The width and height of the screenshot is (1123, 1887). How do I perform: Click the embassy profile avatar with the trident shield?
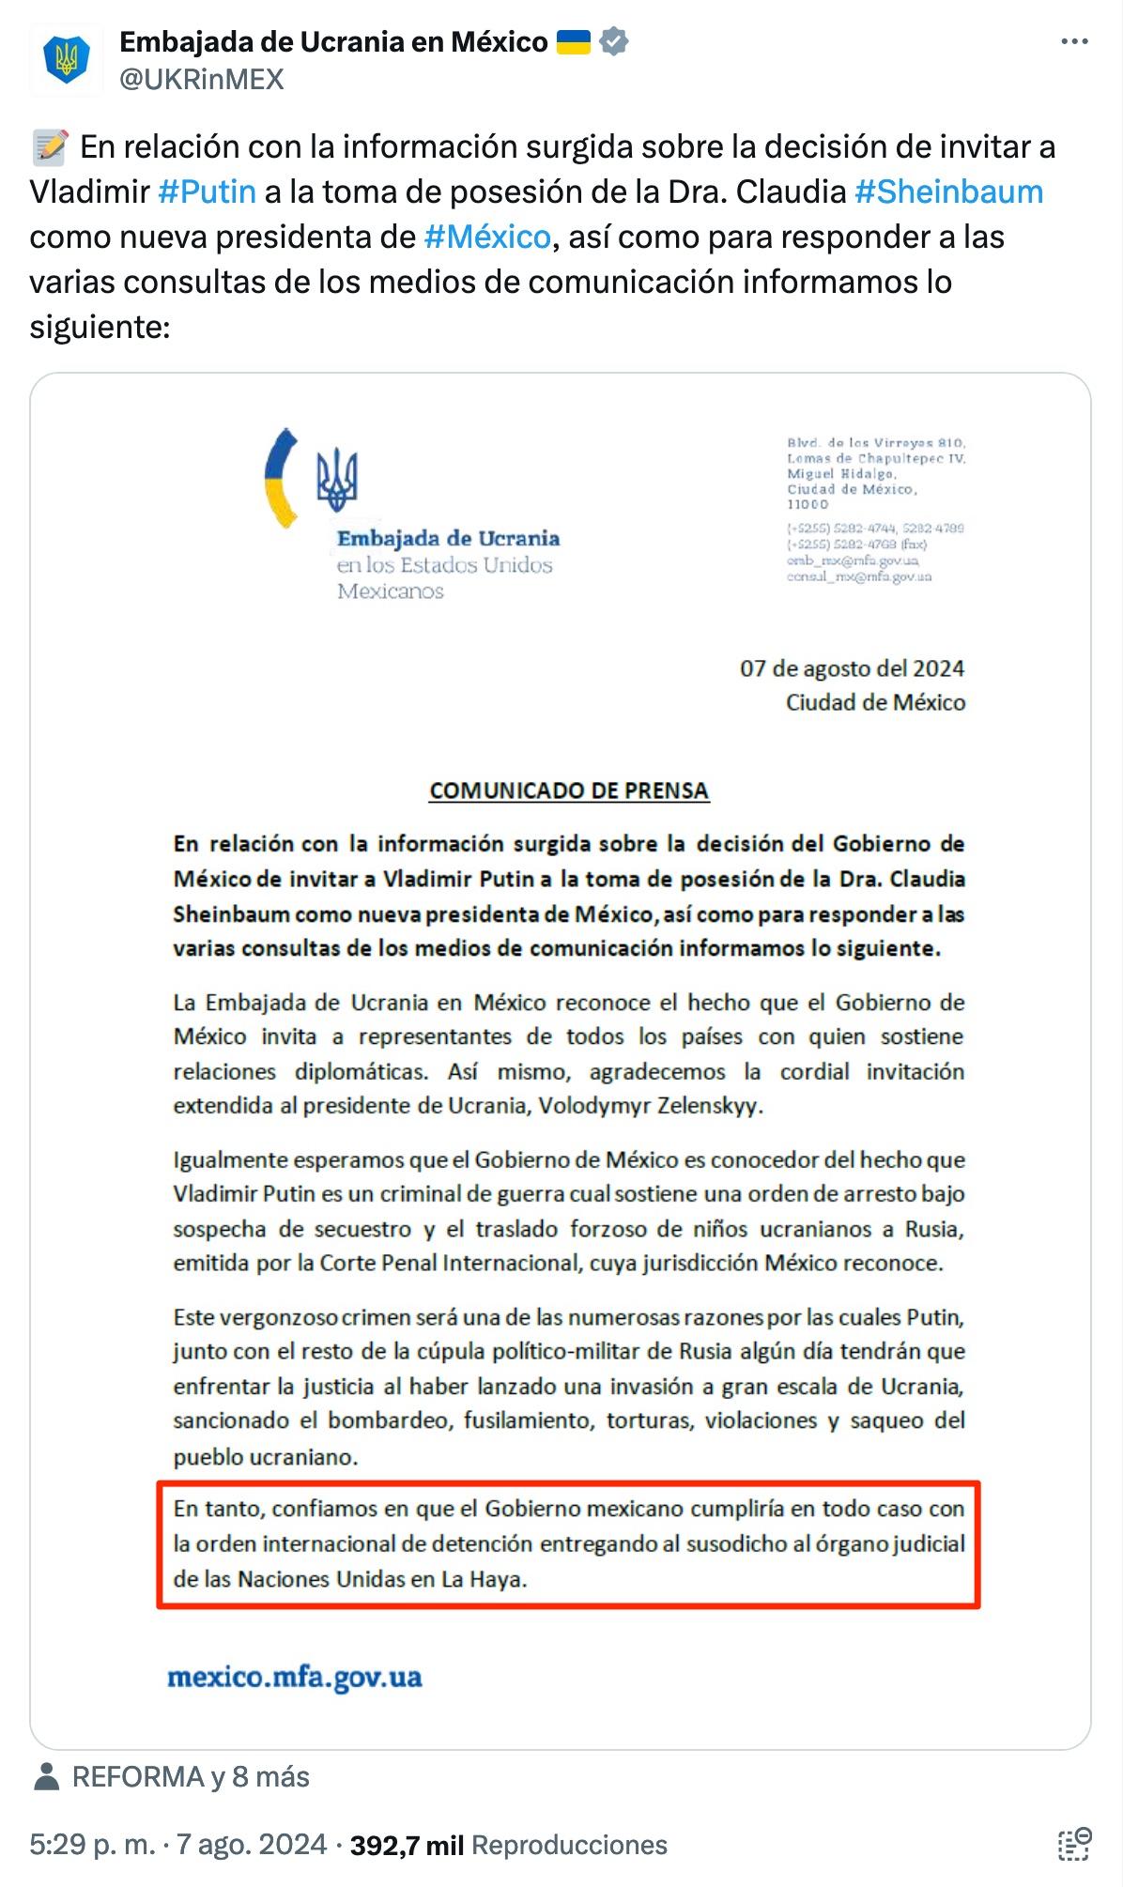[66, 60]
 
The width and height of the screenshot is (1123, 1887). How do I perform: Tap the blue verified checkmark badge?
[614, 42]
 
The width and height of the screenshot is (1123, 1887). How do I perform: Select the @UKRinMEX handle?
[202, 80]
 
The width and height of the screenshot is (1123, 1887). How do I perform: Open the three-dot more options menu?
[1074, 42]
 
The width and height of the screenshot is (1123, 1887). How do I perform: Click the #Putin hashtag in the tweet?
[207, 192]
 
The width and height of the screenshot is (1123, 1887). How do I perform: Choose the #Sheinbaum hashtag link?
[948, 192]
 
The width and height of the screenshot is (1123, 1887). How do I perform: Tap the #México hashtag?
[486, 237]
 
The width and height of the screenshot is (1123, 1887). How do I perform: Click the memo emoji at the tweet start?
[50, 147]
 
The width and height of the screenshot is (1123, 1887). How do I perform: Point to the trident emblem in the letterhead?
[337, 479]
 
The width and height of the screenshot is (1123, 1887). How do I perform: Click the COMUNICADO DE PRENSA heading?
[569, 790]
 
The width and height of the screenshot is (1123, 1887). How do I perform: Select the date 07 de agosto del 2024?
[852, 668]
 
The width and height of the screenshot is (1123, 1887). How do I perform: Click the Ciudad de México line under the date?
[875, 702]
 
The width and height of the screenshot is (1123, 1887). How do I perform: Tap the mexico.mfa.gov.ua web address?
[295, 1677]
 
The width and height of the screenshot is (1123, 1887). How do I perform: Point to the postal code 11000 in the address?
[808, 504]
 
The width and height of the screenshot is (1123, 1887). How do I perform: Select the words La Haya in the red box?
[483, 1579]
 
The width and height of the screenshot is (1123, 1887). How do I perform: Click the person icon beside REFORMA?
[47, 1776]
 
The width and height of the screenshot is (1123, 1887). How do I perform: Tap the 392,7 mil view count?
[407, 1845]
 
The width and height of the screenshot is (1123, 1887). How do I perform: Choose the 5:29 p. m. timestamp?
[92, 1845]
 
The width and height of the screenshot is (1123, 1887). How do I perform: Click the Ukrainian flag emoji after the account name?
[574, 42]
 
